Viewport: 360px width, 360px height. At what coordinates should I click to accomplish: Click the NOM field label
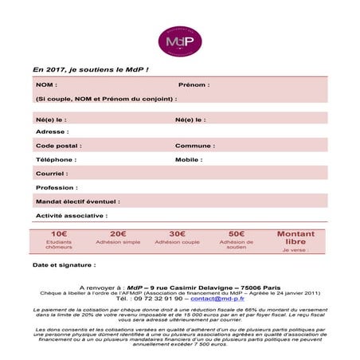pos(46,84)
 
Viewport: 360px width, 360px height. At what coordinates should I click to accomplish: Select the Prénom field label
pos(194,84)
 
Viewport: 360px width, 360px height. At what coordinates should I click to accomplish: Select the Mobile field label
pos(189,159)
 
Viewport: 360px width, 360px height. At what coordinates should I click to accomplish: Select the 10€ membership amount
pos(59,234)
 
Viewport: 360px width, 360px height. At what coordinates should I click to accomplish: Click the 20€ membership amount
pos(118,234)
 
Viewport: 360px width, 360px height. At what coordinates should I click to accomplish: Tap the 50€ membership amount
pos(236,234)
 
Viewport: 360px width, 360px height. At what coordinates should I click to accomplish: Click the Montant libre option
pos(295,237)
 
